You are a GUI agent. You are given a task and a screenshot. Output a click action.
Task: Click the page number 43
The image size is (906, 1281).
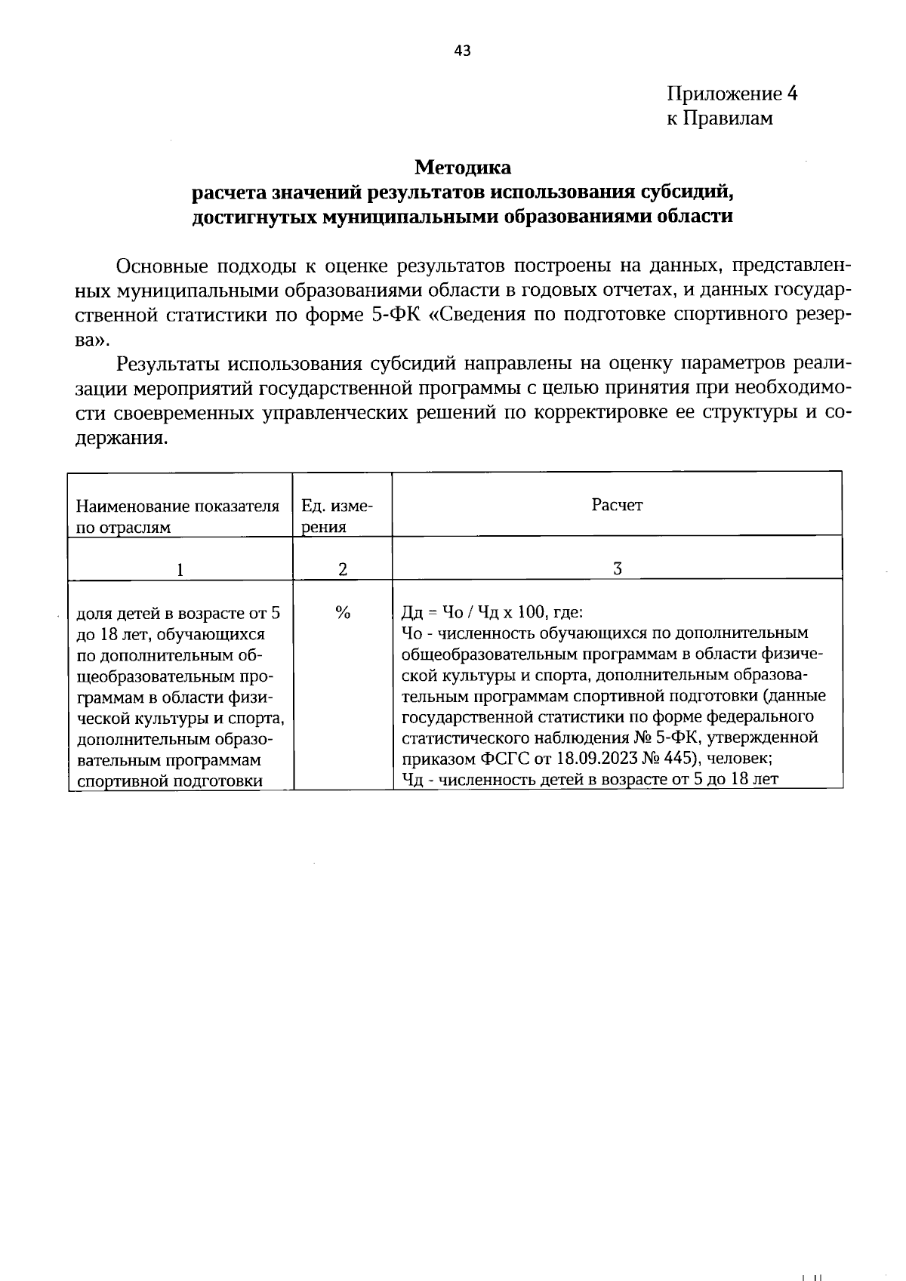pyautogui.click(x=462, y=51)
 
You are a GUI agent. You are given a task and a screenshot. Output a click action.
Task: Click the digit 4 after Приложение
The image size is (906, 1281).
pyautogui.click(x=791, y=94)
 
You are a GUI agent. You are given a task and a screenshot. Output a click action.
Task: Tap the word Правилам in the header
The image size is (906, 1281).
pyautogui.click(x=729, y=119)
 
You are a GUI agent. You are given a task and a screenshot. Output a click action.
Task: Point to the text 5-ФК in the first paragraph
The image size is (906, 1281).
pyautogui.click(x=397, y=315)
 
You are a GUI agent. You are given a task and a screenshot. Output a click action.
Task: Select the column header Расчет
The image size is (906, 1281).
pyautogui.click(x=617, y=505)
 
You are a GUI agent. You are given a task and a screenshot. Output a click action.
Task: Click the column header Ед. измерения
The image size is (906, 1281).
pyautogui.click(x=337, y=516)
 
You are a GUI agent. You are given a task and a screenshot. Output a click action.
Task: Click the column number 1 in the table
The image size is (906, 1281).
pyautogui.click(x=180, y=570)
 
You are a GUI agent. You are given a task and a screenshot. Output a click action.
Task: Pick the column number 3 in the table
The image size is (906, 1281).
pyautogui.click(x=617, y=569)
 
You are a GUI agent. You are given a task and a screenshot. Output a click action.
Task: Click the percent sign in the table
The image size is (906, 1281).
pyautogui.click(x=342, y=613)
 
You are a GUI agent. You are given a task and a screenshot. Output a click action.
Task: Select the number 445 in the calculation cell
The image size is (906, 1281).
pyautogui.click(x=674, y=758)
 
